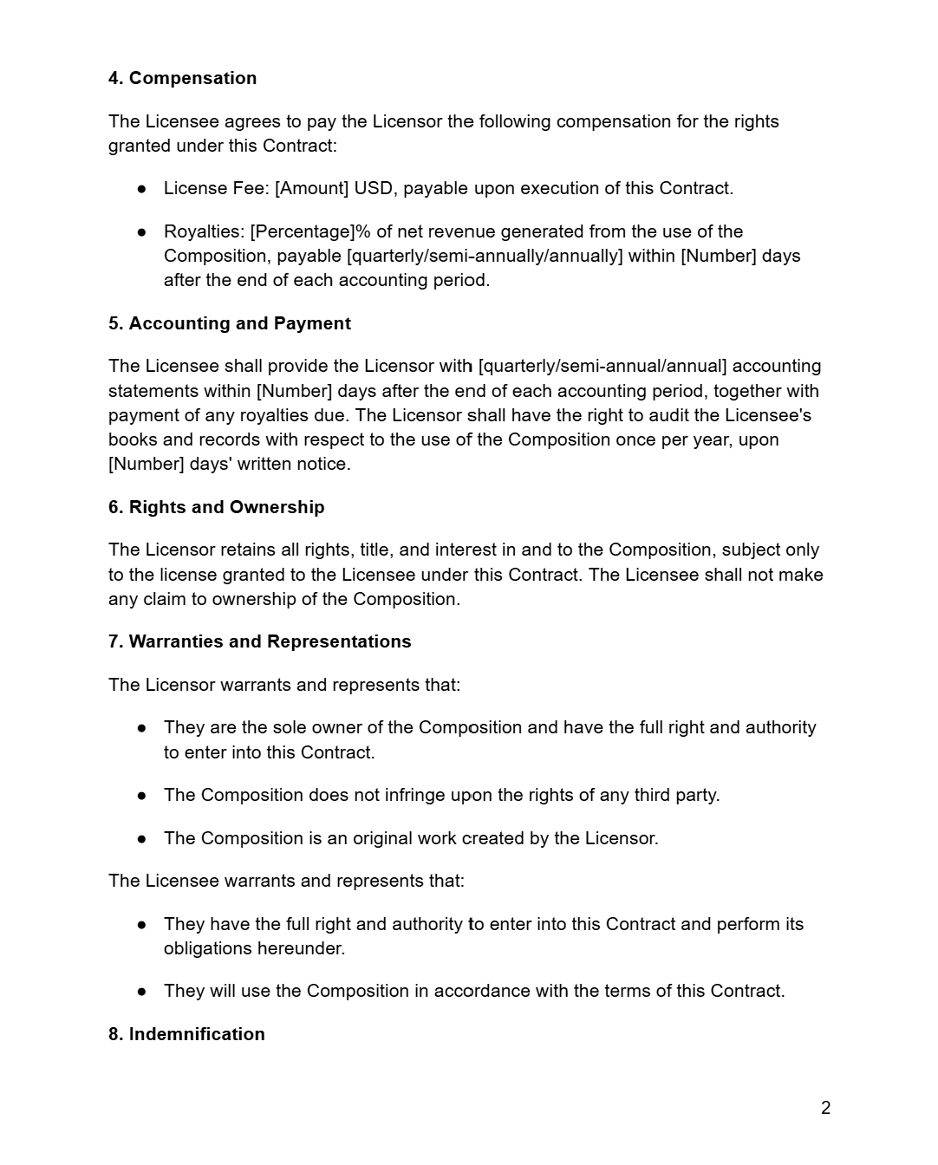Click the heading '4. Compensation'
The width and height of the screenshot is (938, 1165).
click(x=182, y=78)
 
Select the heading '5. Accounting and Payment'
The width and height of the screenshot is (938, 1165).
click(x=230, y=323)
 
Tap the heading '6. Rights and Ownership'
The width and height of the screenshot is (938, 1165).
click(x=216, y=507)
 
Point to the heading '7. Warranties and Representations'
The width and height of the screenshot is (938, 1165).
click(x=259, y=641)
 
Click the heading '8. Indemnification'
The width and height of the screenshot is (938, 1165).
click(x=186, y=1034)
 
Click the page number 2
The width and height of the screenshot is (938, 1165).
click(x=825, y=1108)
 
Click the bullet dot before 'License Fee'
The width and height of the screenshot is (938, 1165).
click(x=141, y=188)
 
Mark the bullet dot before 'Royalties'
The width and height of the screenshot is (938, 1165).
click(x=141, y=231)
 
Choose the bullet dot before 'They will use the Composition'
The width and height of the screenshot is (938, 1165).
click(x=141, y=991)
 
